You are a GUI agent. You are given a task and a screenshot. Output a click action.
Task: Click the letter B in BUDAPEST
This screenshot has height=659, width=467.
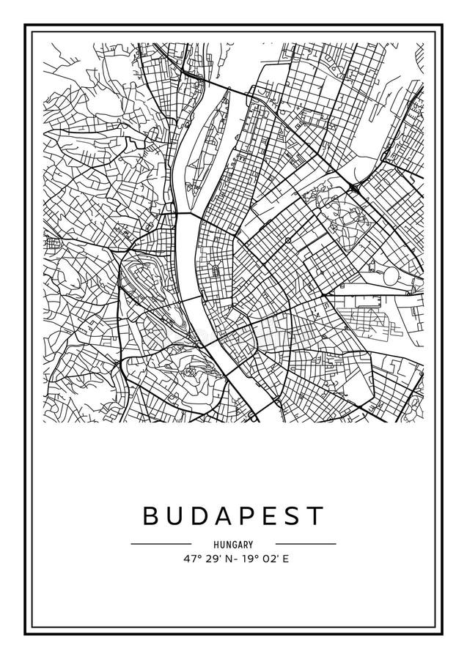click(151, 516)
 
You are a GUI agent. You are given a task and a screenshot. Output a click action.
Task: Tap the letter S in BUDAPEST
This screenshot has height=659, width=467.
click(293, 516)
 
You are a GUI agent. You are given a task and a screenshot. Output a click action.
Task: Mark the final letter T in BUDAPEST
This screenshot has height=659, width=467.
click(314, 516)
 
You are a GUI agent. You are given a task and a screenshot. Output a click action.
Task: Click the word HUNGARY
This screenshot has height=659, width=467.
click(234, 544)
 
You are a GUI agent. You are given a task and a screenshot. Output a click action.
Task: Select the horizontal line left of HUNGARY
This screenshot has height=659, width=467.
click(161, 544)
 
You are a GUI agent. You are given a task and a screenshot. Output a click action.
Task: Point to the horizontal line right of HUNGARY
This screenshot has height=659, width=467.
click(306, 544)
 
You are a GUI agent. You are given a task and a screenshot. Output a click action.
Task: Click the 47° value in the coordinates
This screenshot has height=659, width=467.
click(193, 559)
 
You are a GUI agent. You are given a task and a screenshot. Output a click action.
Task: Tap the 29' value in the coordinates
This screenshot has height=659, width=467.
click(213, 559)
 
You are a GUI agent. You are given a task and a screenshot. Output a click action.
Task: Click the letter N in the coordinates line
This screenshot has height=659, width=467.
click(228, 559)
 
